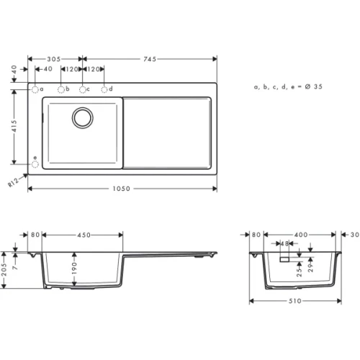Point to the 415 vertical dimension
pos(15,127)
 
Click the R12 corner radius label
pos(14,183)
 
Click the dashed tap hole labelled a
pos(34,89)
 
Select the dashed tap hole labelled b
pos(61,89)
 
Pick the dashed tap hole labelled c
pos(83,89)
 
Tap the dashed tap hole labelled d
pos(105,89)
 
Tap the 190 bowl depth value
pos(75,267)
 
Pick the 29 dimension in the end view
pos(310,268)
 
